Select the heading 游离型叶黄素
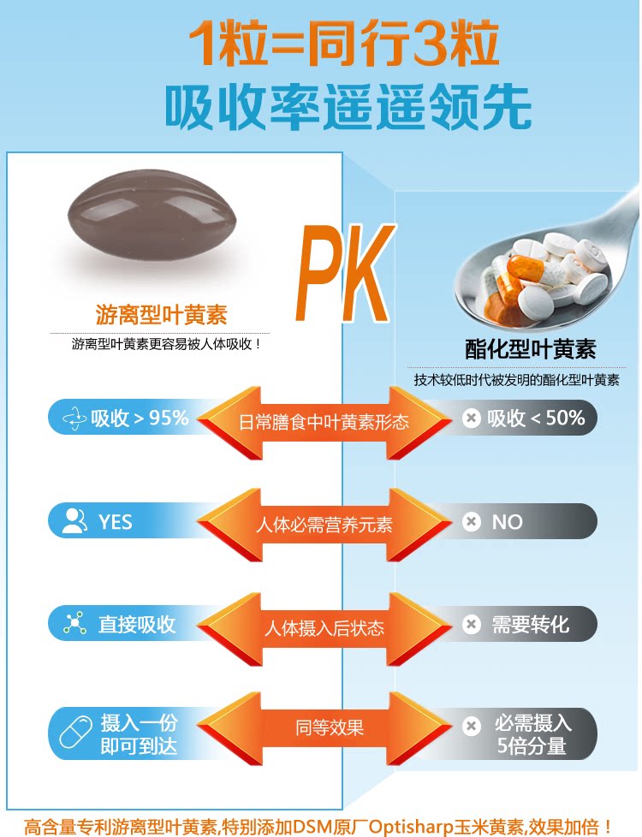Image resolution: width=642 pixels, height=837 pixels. (161, 315)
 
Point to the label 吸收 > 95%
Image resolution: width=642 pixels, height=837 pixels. (140, 418)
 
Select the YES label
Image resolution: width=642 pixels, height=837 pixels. (116, 521)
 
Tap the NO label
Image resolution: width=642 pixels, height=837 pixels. (507, 521)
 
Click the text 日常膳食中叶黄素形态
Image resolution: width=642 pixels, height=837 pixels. (324, 422)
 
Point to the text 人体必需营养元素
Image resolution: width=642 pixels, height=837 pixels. (324, 525)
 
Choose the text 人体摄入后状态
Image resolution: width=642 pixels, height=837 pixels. (324, 628)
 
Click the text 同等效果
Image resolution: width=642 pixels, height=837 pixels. (330, 727)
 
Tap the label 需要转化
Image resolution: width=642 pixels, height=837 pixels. (530, 624)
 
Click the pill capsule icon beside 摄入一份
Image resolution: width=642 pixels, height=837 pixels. (75, 733)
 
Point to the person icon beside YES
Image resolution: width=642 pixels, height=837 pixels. (75, 521)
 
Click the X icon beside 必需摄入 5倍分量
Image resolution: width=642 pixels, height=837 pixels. (470, 727)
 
